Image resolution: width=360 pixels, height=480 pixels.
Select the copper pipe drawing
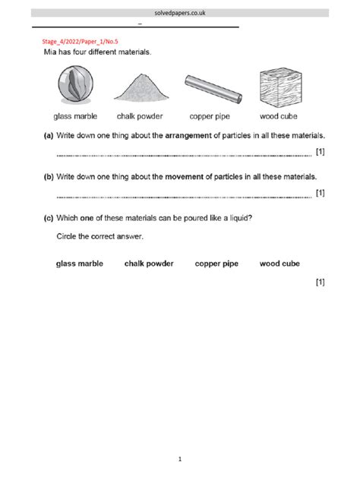click(x=213, y=90)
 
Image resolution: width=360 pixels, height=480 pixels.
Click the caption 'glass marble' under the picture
click(x=74, y=117)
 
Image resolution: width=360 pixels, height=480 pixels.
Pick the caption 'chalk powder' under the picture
click(x=141, y=117)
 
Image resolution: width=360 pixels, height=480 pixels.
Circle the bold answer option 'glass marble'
click(x=80, y=264)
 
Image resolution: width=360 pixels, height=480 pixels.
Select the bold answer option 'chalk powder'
click(x=149, y=264)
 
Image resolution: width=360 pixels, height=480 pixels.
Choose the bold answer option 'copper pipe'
click(x=216, y=264)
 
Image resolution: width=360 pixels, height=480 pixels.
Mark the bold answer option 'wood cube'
click(x=279, y=264)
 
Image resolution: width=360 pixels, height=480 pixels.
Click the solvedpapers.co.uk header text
click(x=180, y=13)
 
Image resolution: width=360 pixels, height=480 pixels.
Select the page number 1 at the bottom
click(x=180, y=459)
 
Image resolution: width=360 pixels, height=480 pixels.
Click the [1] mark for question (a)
click(x=320, y=152)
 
